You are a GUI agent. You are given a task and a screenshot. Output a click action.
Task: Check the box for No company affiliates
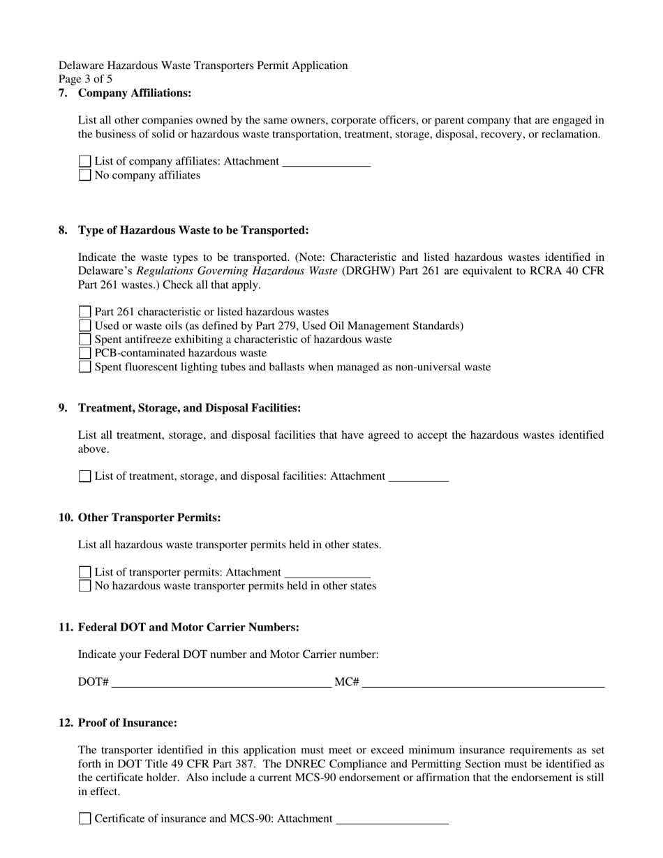click(84, 175)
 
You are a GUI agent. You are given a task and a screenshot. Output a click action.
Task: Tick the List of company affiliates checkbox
click(84, 161)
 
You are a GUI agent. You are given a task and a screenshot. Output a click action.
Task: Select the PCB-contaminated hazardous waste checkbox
click(84, 353)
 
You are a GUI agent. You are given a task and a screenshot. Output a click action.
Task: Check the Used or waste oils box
click(84, 326)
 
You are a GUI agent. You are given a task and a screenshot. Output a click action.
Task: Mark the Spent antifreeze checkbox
click(84, 339)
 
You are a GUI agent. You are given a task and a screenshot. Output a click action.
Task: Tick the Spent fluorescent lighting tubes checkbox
click(84, 367)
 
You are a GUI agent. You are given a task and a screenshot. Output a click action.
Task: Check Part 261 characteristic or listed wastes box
click(84, 312)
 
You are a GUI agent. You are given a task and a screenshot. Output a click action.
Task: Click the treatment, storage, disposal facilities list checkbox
click(84, 476)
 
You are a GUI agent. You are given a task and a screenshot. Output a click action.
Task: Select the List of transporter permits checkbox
click(84, 572)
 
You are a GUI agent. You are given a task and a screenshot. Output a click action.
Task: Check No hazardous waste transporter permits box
click(84, 586)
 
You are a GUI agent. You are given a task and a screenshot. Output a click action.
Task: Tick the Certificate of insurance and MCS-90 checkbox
click(84, 819)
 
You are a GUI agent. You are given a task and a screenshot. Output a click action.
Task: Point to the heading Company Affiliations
click(134, 93)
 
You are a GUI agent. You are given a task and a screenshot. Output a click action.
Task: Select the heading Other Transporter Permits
click(149, 518)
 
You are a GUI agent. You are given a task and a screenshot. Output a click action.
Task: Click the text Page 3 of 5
click(85, 79)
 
